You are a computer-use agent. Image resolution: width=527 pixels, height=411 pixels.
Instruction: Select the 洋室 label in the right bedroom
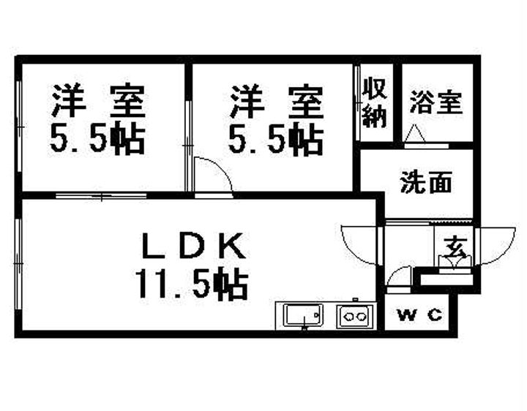click(x=277, y=102)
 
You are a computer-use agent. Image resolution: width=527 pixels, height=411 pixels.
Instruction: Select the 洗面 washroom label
click(x=425, y=183)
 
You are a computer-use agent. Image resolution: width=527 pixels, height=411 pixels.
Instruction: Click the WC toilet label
click(x=419, y=315)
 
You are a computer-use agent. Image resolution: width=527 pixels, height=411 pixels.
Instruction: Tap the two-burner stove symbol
click(x=355, y=316)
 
